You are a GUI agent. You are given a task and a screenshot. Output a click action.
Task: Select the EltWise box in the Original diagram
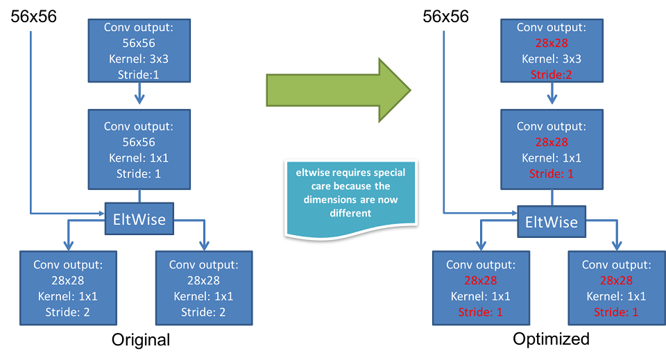click(140, 219)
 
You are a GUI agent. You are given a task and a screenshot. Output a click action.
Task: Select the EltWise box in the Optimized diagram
click(552, 222)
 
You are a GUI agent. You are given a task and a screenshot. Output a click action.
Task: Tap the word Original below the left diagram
click(141, 340)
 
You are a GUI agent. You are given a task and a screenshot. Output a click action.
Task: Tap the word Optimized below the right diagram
click(552, 339)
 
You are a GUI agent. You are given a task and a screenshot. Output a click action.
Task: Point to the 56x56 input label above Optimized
click(446, 15)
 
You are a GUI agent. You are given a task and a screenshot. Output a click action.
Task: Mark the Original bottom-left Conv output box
click(68, 288)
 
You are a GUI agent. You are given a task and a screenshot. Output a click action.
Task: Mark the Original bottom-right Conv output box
click(204, 288)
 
